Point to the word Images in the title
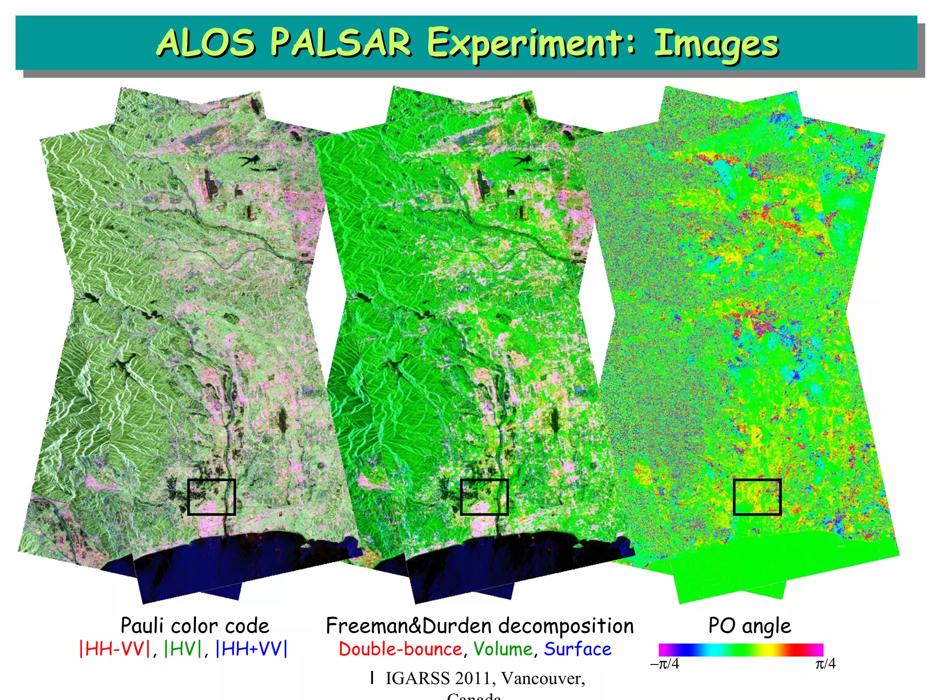pyautogui.click(x=716, y=44)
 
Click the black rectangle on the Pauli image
pyautogui.click(x=211, y=497)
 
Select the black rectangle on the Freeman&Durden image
pyautogui.click(x=484, y=497)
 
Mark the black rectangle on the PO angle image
pyautogui.click(x=757, y=497)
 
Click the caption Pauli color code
pyautogui.click(x=195, y=626)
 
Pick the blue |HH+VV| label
pyautogui.click(x=251, y=649)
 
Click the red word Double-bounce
pyautogui.click(x=400, y=649)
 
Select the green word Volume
pyautogui.click(x=503, y=649)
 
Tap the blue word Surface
pyautogui.click(x=578, y=649)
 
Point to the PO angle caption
pyautogui.click(x=749, y=626)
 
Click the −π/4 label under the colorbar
pyautogui.click(x=664, y=664)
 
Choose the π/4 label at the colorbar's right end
pyautogui.click(x=825, y=664)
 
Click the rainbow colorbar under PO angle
pyautogui.click(x=741, y=650)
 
